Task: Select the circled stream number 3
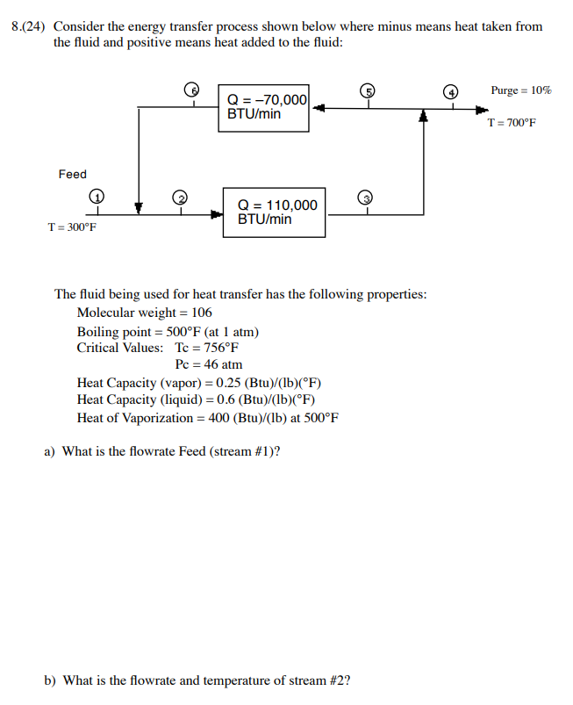point(369,197)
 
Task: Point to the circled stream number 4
point(452,91)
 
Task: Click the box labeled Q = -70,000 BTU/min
point(263,107)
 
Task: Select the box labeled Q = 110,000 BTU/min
point(274,212)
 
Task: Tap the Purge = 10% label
point(520,90)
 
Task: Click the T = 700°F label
point(511,123)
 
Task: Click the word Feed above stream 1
point(73,175)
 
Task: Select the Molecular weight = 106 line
point(144,313)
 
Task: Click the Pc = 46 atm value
point(209,364)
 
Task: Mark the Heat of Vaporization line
point(207,418)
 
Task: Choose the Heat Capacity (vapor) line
point(199,383)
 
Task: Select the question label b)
point(52,680)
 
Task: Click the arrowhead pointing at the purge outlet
point(482,110)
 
